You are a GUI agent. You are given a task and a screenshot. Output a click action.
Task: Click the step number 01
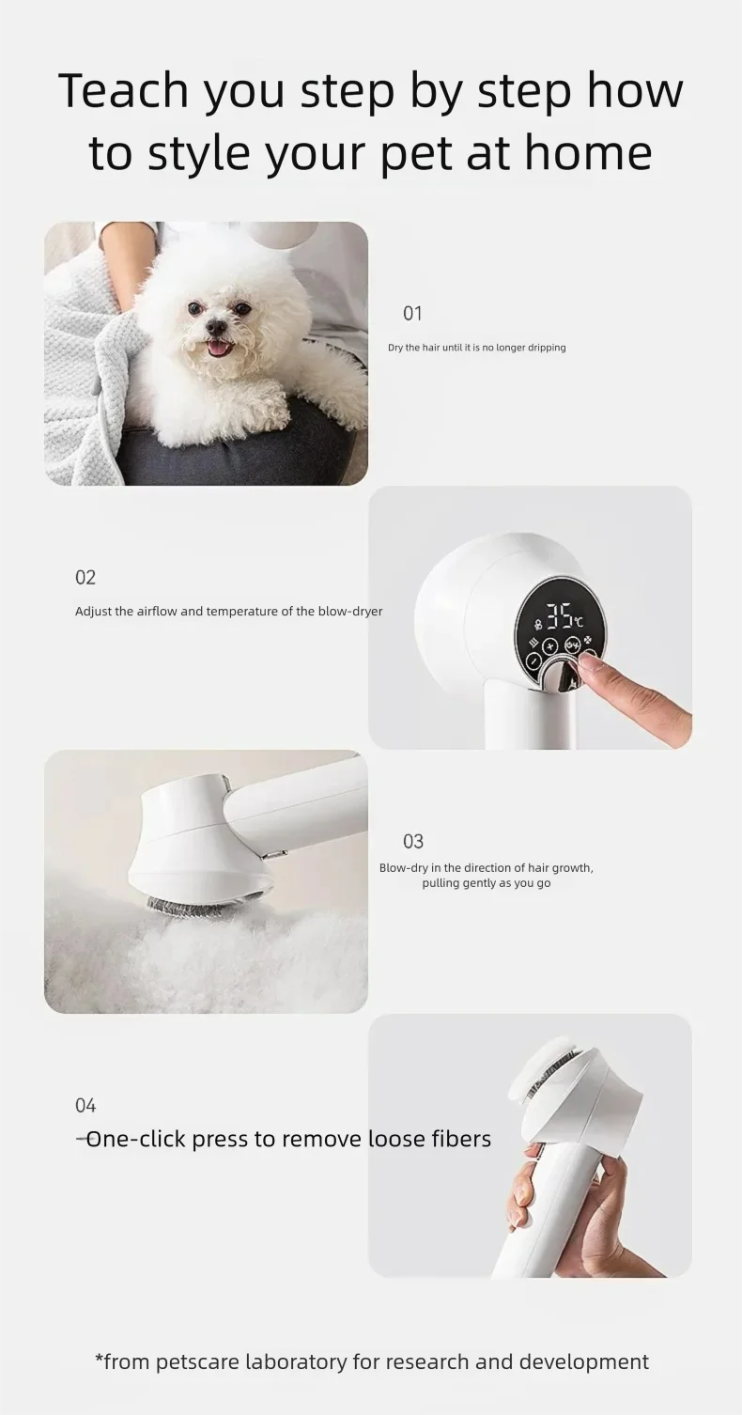pos(412,313)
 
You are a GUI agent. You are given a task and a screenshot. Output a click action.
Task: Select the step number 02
pos(85,577)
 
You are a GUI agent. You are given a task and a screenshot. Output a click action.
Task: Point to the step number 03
pos(413,841)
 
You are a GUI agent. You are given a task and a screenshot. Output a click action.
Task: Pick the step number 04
pos(85,1105)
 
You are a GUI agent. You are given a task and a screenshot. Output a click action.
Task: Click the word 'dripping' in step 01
pos(547,348)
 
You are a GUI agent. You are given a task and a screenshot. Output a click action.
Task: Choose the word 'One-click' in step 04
pos(135,1139)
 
